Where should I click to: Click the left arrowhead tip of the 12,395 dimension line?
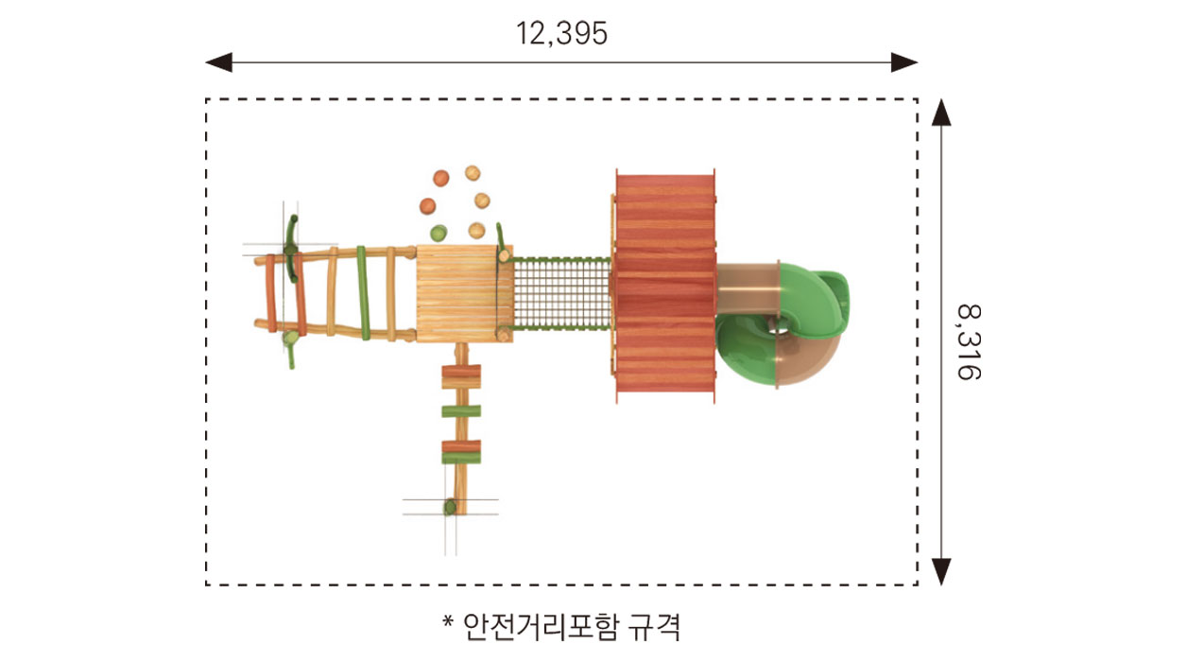tap(206, 62)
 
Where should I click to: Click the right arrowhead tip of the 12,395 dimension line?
tap(918, 62)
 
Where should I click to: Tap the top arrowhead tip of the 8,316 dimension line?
tap(941, 98)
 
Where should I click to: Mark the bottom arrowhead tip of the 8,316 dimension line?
tap(941, 585)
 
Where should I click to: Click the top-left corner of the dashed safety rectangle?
tap(206, 99)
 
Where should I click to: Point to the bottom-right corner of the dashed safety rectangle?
tap(918, 585)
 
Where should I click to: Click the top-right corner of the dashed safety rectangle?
tap(918, 99)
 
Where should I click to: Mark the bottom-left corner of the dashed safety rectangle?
tap(206, 585)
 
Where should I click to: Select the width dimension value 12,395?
tap(561, 33)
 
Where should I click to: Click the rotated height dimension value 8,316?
tap(970, 342)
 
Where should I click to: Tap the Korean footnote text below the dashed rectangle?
tap(572, 627)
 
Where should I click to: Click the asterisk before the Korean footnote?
tap(448, 620)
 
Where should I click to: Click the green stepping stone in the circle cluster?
tap(439, 233)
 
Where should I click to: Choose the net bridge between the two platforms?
tap(561, 293)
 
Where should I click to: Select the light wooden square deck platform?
tap(464, 293)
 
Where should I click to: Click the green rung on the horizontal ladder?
tap(363, 292)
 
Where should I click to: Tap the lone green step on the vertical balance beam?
tap(461, 410)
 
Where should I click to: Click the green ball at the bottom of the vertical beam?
tap(450, 507)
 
